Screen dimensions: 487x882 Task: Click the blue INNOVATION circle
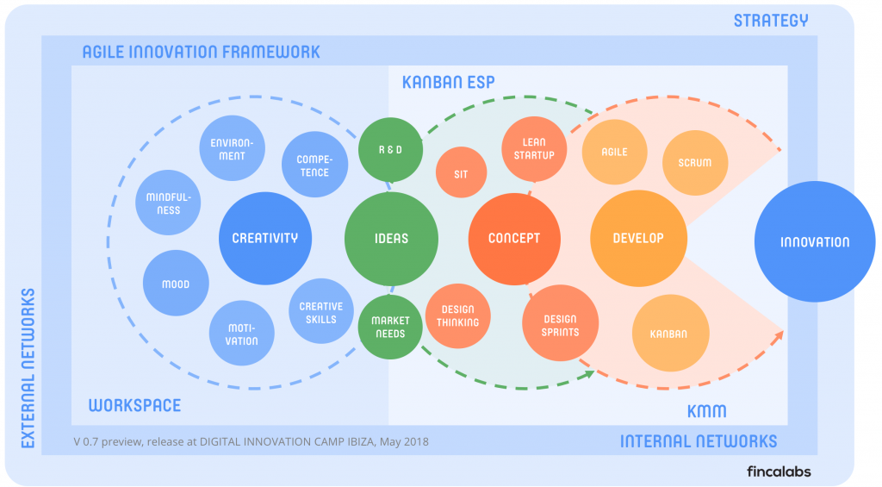815,242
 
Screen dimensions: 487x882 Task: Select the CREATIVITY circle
265,239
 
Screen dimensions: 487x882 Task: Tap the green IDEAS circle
391,239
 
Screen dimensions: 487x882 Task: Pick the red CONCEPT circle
514,239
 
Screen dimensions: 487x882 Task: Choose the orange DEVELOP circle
638,239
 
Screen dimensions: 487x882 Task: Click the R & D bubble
391,149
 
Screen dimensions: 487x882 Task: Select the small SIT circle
461,174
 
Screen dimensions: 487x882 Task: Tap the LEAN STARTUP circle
535,148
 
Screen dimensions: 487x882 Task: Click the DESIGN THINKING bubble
457,315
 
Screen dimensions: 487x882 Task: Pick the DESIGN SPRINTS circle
561,325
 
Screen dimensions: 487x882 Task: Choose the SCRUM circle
695,163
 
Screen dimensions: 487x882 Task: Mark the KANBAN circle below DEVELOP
669,334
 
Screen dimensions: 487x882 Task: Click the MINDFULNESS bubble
169,203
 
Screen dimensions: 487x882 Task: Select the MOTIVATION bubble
242,334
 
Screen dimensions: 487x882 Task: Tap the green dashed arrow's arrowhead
590,373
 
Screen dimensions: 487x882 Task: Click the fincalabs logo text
779,471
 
